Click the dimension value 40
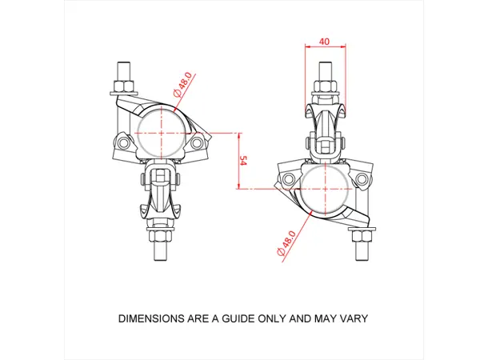[323, 42]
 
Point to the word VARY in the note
[353, 318]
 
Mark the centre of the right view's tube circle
[325, 189]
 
